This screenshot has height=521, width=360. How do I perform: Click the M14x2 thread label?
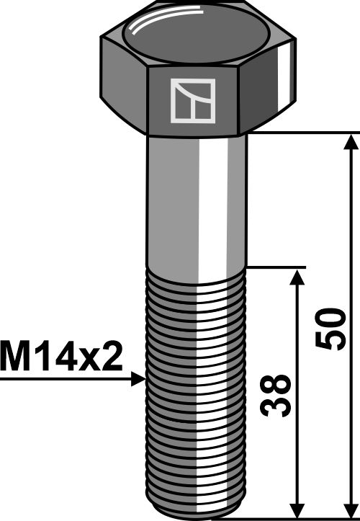(62, 356)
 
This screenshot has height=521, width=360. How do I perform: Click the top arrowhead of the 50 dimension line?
(350, 141)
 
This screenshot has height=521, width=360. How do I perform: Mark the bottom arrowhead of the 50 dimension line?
(350, 508)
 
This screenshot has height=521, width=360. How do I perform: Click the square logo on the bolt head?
(192, 101)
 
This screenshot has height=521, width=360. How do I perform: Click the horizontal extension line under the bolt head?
(302, 133)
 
